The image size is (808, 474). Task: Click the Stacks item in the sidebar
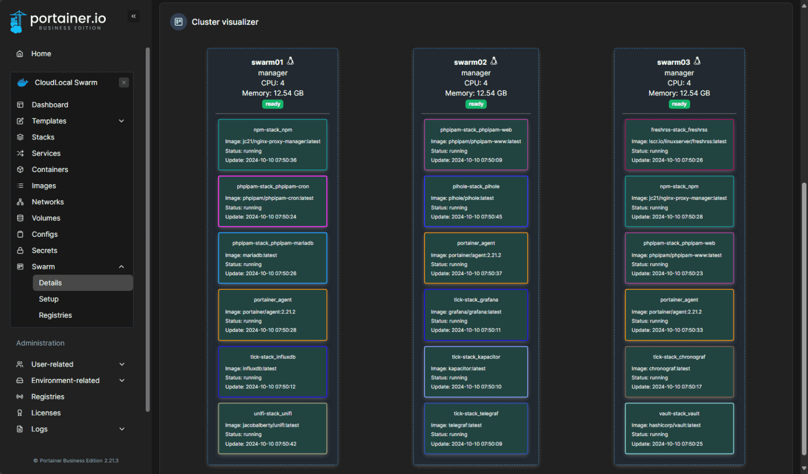[43, 137]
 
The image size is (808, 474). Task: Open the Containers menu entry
[49, 169]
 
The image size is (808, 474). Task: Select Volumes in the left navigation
[46, 218]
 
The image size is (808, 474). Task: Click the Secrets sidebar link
[44, 250]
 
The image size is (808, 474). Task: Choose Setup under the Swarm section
[48, 299]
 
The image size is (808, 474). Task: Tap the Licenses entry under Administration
[46, 413]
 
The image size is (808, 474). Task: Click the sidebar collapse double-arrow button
[134, 16]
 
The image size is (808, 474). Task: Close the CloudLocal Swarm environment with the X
[124, 83]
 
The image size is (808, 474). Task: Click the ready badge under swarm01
[272, 104]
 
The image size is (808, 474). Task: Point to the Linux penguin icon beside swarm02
[494, 61]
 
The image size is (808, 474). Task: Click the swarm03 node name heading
[673, 62]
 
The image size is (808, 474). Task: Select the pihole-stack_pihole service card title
[476, 187]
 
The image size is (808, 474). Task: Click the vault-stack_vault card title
[679, 414]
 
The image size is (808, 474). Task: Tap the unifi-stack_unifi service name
[272, 414]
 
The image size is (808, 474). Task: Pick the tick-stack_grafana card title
[476, 300]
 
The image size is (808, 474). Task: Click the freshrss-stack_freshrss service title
[679, 130]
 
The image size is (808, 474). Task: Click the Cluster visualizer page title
[225, 22]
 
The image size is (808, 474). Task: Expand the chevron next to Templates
[122, 121]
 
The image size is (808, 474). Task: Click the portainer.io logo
[58, 21]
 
